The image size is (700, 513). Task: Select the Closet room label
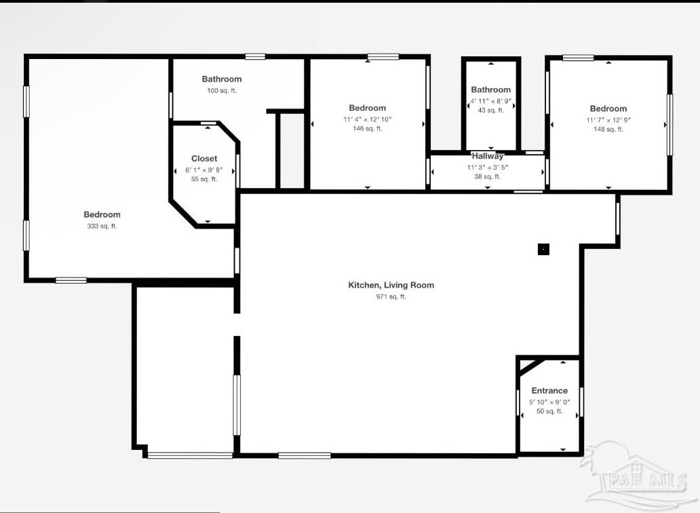pyautogui.click(x=204, y=159)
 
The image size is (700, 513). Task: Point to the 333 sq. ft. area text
pyautogui.click(x=102, y=227)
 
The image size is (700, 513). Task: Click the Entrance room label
pyautogui.click(x=549, y=391)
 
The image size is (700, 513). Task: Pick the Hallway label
pyautogui.click(x=488, y=156)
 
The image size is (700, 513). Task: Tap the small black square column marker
pyautogui.click(x=543, y=249)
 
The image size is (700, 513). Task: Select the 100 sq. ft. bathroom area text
pyautogui.click(x=222, y=91)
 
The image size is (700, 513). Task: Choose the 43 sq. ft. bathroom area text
pyautogui.click(x=491, y=110)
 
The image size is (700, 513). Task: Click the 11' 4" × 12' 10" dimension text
pyautogui.click(x=368, y=119)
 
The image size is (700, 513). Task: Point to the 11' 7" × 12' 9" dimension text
pyautogui.click(x=608, y=120)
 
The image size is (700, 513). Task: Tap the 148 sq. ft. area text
pyautogui.click(x=608, y=130)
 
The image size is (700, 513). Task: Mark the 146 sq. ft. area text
pyautogui.click(x=368, y=129)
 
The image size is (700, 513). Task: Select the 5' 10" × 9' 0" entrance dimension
pyautogui.click(x=549, y=402)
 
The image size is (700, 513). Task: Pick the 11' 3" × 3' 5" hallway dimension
pyautogui.click(x=488, y=168)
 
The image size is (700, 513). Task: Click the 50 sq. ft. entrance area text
pyautogui.click(x=549, y=412)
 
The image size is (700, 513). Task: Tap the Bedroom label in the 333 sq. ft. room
pyautogui.click(x=102, y=215)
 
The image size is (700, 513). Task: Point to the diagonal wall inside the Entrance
pyautogui.click(x=531, y=366)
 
